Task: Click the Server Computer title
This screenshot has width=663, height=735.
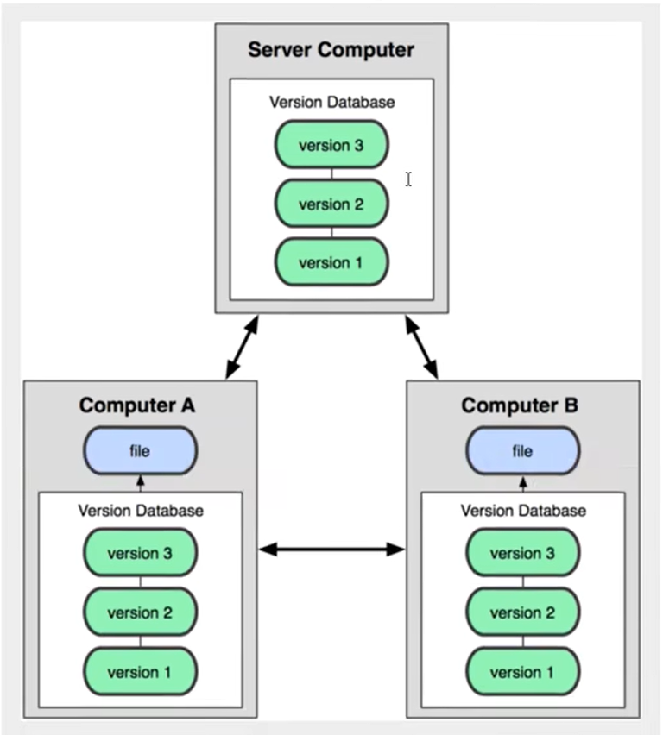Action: tap(331, 49)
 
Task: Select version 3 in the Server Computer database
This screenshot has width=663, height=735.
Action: tap(331, 145)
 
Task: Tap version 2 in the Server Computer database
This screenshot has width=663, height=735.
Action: tap(331, 204)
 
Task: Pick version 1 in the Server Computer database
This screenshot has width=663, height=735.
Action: tap(331, 262)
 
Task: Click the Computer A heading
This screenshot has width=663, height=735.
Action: tap(137, 405)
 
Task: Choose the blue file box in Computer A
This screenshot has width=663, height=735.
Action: tap(140, 451)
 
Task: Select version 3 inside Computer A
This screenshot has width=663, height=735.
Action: tap(140, 554)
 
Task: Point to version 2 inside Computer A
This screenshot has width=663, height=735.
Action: tap(140, 613)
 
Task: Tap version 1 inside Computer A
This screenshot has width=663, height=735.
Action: tap(140, 671)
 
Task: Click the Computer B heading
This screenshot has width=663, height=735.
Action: tap(520, 405)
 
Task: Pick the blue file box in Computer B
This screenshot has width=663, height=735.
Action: tap(523, 451)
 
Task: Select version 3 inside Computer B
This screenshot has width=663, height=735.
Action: tap(523, 554)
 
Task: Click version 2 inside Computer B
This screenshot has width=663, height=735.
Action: tap(523, 613)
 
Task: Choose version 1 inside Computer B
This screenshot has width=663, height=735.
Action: tap(523, 671)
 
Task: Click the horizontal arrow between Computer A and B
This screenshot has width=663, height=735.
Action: tap(332, 549)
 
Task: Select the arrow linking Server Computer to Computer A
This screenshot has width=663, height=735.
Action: tap(242, 348)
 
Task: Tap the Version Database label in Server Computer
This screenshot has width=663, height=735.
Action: tap(332, 102)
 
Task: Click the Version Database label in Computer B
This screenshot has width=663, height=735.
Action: tap(523, 511)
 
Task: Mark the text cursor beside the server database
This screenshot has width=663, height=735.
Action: tap(408, 179)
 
